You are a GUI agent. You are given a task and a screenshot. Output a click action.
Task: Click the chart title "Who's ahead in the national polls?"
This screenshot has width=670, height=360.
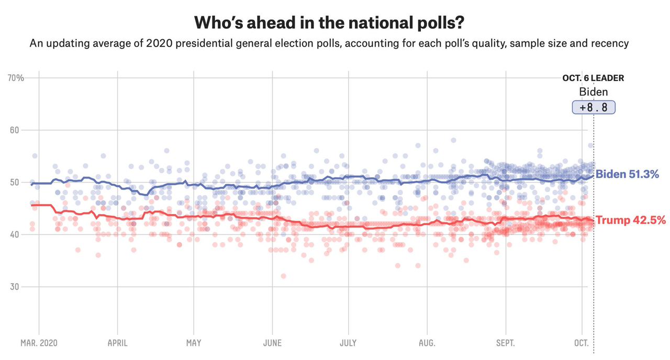click(x=329, y=22)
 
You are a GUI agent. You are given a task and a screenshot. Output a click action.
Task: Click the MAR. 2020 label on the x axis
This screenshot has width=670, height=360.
click(x=39, y=343)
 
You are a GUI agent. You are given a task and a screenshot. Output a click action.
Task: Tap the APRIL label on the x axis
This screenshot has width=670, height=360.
click(x=117, y=343)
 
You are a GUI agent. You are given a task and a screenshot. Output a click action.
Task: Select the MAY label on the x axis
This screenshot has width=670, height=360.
click(x=194, y=343)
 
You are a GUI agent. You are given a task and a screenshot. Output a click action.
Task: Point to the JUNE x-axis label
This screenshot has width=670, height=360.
click(x=272, y=343)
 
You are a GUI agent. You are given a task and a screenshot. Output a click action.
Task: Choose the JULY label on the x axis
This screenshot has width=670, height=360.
click(x=348, y=343)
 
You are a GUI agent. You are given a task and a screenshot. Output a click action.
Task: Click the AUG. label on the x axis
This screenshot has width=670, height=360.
click(x=427, y=343)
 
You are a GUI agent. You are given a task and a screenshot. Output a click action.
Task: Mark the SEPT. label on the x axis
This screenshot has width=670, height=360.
click(x=505, y=343)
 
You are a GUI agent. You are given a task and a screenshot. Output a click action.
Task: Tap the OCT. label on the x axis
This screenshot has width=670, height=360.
click(x=582, y=343)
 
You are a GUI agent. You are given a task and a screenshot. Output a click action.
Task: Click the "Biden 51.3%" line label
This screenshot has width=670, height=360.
click(x=627, y=174)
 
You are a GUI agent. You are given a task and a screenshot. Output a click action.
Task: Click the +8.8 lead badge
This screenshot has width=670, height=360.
click(x=593, y=107)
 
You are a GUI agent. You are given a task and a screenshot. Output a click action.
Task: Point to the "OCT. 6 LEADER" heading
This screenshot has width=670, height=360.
click(x=593, y=78)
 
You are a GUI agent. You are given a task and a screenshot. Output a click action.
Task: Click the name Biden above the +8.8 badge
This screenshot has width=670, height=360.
click(x=594, y=92)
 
